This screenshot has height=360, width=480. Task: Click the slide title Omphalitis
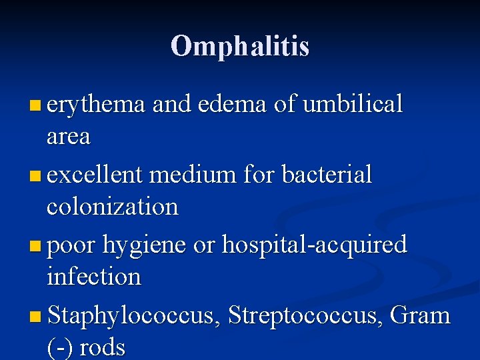(x=240, y=46)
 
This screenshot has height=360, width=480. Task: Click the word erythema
(x=96, y=105)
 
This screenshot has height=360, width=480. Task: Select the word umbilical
(x=353, y=105)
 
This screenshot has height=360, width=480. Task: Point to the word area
(x=68, y=137)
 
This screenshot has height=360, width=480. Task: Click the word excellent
(x=95, y=175)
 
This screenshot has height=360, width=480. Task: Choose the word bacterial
(x=327, y=175)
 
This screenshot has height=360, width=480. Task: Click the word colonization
(x=113, y=207)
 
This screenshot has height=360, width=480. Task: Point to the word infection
(x=93, y=277)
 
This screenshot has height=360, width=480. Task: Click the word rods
(x=103, y=347)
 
